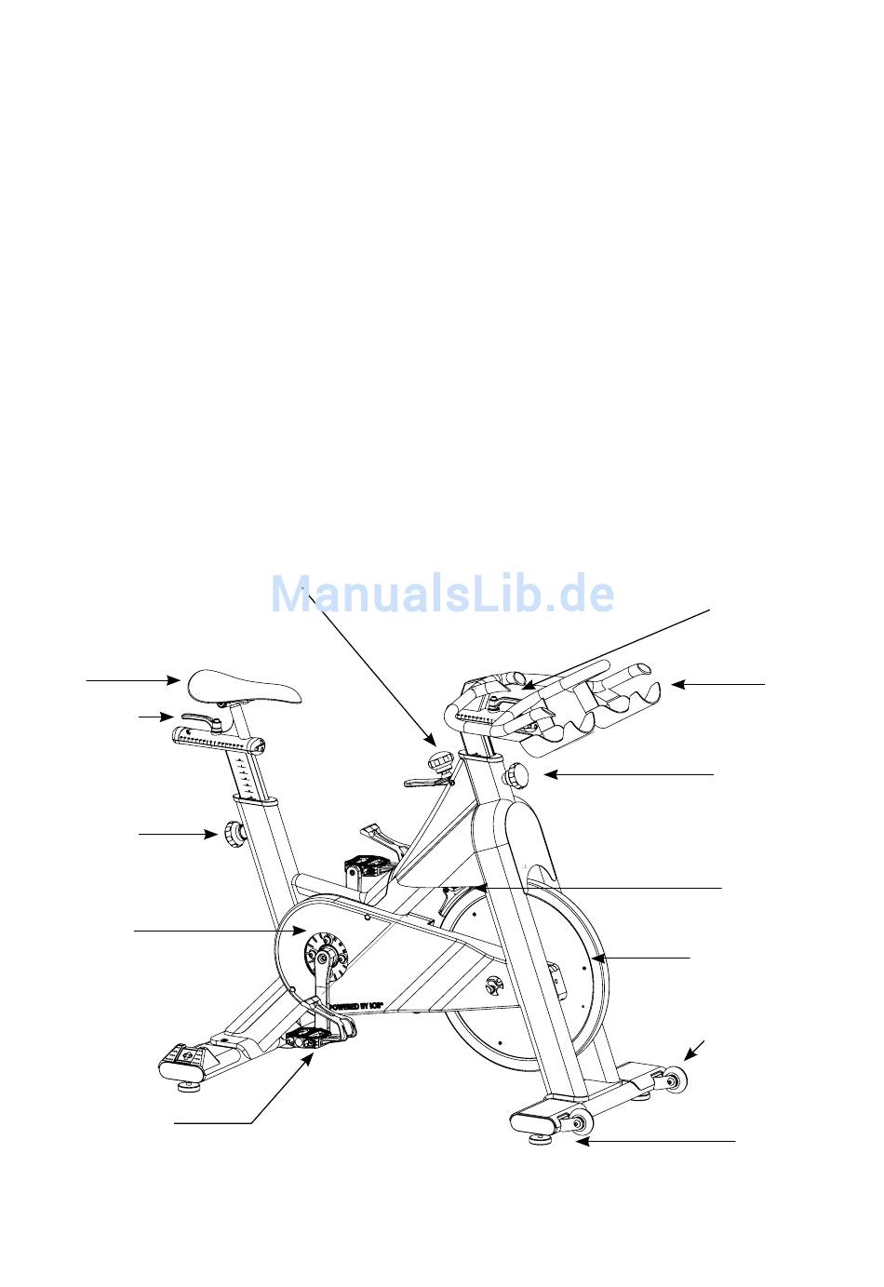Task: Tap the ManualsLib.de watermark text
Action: (x=442, y=594)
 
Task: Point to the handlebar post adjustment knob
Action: (x=516, y=774)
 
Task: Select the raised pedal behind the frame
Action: (x=368, y=866)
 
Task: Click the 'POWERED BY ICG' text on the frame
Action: (x=358, y=1005)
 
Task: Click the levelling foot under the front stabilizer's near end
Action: (x=539, y=1136)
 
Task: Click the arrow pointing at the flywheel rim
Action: (x=642, y=957)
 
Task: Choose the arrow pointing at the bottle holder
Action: (x=717, y=685)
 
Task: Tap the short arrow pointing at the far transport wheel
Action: (x=695, y=1049)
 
